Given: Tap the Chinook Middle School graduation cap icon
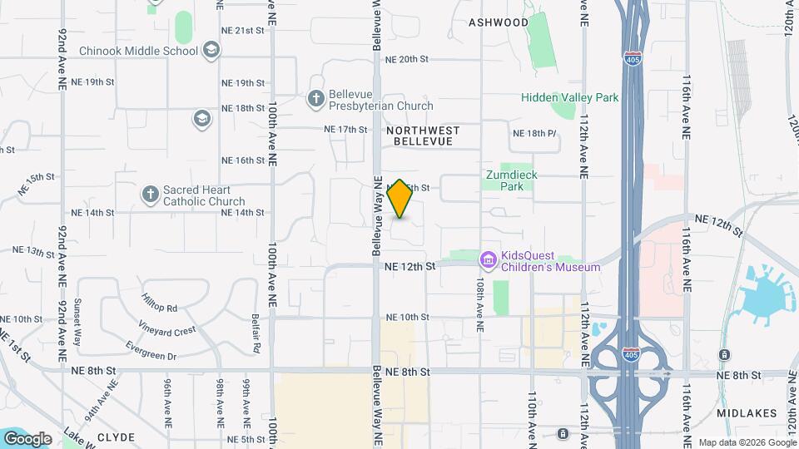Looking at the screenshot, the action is tap(211, 51).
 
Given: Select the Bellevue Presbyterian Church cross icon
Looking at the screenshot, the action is tap(315, 99).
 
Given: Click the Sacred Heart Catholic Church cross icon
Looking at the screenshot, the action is tap(150, 195).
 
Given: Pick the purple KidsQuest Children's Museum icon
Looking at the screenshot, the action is tap(488, 261).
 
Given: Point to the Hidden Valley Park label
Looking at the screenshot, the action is tap(569, 97).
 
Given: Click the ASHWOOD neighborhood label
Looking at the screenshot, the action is tap(499, 22).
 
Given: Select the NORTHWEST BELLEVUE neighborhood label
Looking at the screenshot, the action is tap(423, 136).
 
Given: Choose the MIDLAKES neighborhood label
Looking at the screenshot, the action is tap(746, 412).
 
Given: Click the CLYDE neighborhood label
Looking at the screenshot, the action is tap(116, 437).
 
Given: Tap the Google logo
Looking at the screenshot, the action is tap(27, 438).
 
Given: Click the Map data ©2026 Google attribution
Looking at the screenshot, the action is tap(746, 442).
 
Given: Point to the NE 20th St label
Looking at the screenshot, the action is tap(407, 59).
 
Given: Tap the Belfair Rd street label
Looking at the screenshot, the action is tap(256, 332).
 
